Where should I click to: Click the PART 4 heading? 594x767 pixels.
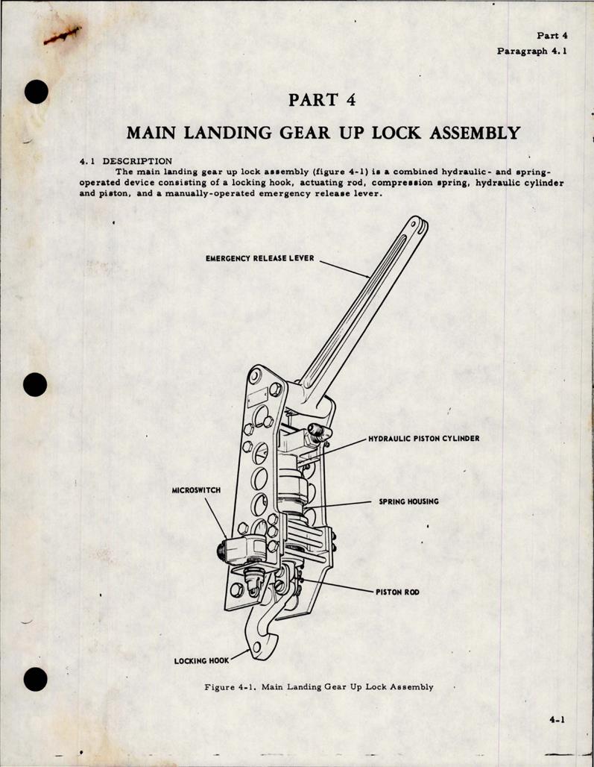click(323, 100)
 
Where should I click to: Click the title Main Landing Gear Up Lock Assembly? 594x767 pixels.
click(323, 133)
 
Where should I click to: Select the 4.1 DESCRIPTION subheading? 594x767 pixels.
click(126, 160)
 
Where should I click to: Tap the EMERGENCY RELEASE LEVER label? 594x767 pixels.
click(260, 258)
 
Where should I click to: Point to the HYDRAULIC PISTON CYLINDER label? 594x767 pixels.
click(423, 439)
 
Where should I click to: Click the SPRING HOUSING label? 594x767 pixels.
click(408, 501)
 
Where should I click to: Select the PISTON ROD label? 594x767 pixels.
click(397, 592)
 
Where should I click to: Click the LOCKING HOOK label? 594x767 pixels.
click(201, 660)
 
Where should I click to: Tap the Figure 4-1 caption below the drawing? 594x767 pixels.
click(319, 686)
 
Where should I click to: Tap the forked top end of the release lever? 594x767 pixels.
click(417, 225)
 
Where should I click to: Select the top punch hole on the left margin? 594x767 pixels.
click(35, 92)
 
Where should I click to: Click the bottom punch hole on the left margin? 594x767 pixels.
click(35, 679)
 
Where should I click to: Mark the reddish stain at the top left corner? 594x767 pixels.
click(62, 36)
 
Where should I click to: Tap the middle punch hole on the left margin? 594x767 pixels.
click(35, 385)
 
